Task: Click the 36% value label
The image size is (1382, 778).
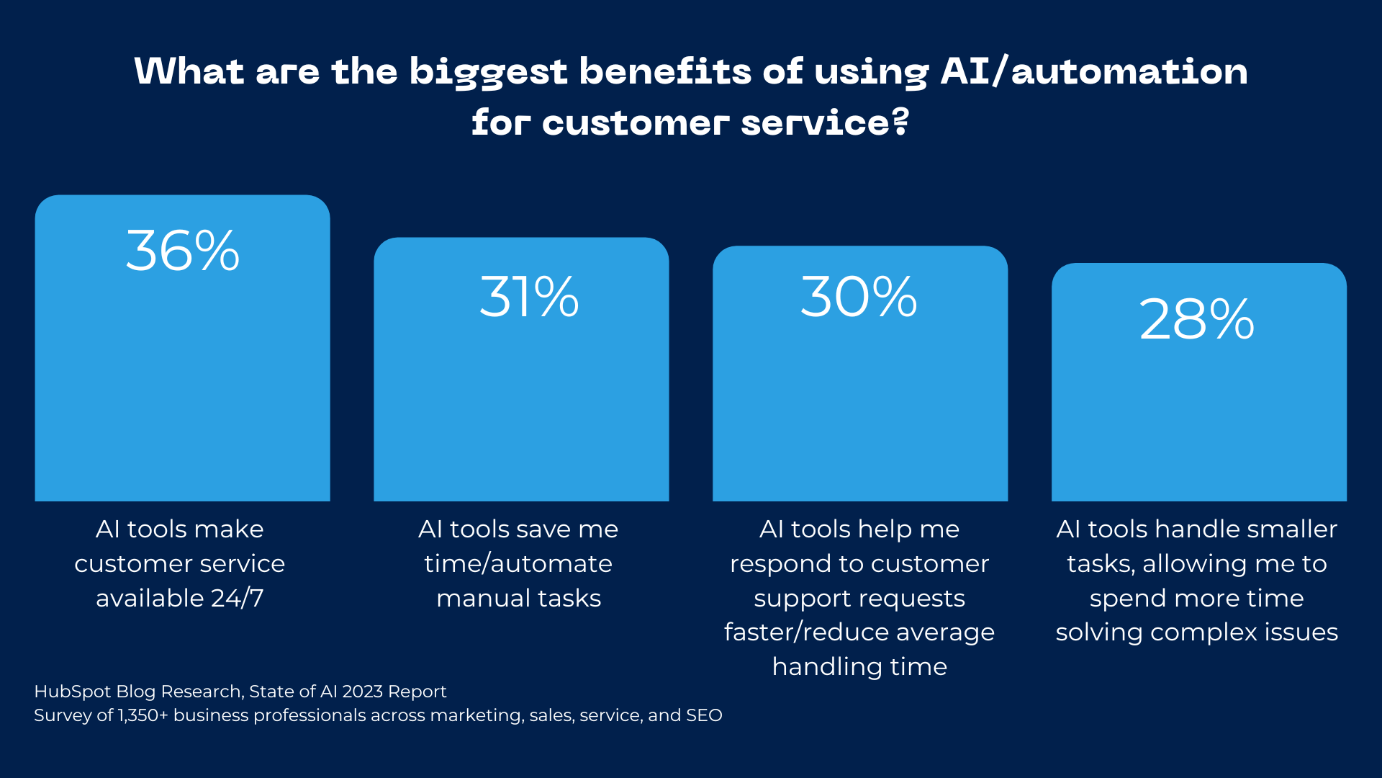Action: point(183,251)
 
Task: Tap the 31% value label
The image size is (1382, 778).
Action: point(529,297)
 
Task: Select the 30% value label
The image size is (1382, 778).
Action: point(859,297)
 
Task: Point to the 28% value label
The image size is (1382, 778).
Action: point(1197,319)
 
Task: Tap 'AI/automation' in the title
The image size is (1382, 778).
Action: point(1094,72)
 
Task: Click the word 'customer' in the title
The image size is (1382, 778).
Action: point(636,123)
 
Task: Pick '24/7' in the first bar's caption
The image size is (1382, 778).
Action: point(238,598)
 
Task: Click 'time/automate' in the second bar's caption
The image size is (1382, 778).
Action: point(518,563)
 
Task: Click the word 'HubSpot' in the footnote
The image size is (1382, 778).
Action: point(73,692)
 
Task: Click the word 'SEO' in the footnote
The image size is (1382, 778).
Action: point(703,715)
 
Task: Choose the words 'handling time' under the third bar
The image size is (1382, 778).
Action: point(859,666)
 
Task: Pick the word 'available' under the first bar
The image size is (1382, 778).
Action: point(150,598)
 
